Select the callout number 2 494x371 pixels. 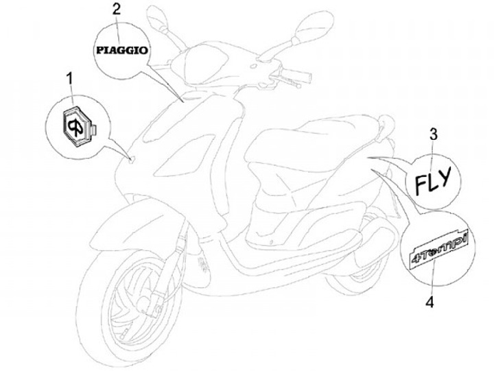116,9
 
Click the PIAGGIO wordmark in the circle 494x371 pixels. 121,50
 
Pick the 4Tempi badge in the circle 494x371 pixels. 436,248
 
